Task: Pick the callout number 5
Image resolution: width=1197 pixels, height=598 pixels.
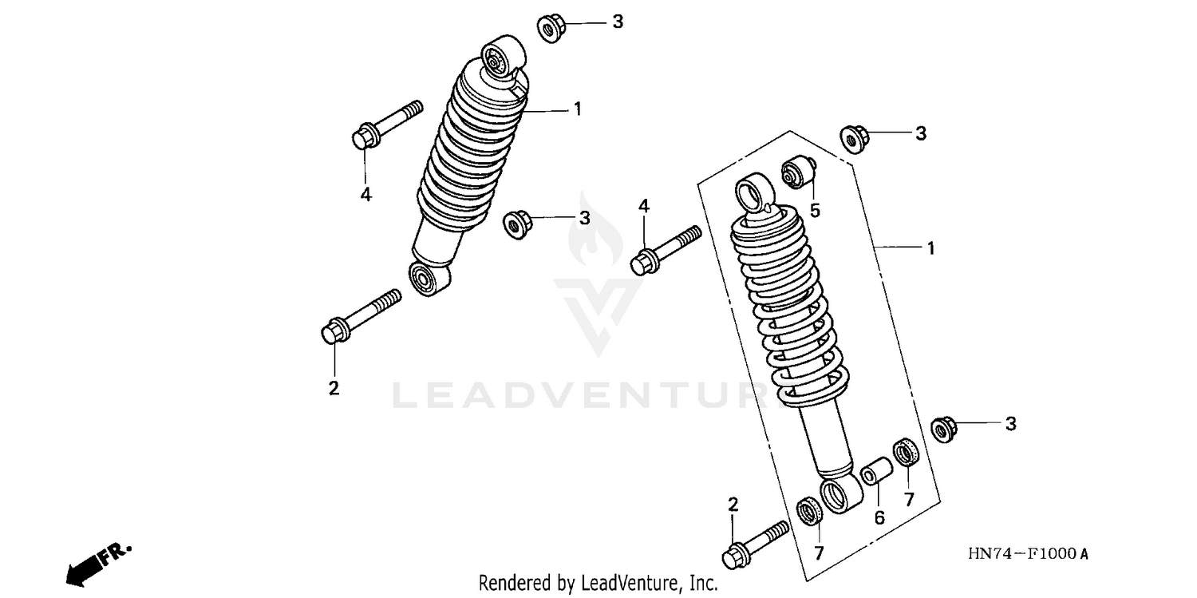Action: point(815,211)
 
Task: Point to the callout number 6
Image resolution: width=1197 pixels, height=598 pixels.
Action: point(879,517)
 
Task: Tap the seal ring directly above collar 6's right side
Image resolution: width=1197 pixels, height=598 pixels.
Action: point(906,453)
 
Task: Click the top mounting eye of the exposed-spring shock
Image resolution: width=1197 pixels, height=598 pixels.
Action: point(753,194)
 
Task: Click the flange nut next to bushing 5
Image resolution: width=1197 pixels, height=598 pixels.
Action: point(855,139)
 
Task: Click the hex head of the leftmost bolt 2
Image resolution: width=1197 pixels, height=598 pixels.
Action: point(331,331)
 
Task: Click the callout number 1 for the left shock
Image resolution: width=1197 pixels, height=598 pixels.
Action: point(577,109)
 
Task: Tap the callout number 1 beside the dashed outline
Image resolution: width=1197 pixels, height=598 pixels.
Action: point(930,248)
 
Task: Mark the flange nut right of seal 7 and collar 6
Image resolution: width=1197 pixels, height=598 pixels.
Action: point(945,429)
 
